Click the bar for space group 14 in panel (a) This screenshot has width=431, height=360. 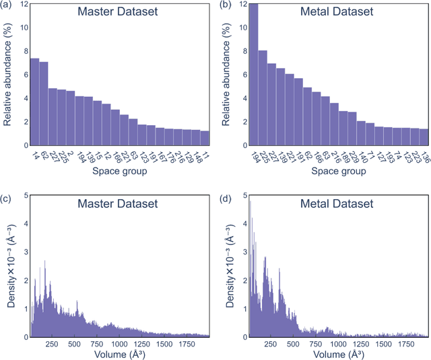(34, 102)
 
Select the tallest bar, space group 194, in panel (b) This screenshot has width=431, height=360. (253, 74)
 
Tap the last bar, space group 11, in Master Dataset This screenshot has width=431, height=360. (205, 138)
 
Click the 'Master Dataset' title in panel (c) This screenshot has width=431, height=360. (119, 203)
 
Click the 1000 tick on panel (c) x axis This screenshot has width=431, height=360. (119, 344)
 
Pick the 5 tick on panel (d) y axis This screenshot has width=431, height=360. (241, 196)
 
